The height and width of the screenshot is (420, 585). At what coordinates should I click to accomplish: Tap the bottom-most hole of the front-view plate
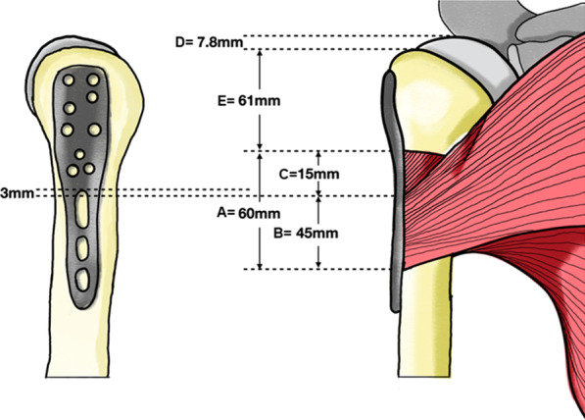[84, 284]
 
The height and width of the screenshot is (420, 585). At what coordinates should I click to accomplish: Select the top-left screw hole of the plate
[71, 79]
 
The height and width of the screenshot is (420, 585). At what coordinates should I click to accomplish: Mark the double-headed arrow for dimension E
[259, 98]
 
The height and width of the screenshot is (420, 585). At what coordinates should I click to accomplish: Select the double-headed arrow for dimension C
[320, 173]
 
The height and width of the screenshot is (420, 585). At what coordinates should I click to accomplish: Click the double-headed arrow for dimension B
[320, 232]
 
